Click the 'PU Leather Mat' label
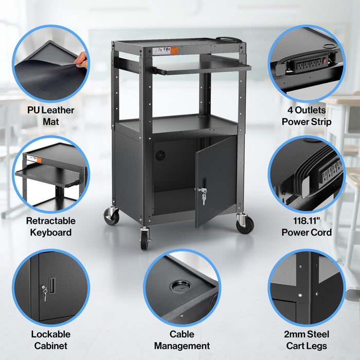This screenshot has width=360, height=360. [50, 116]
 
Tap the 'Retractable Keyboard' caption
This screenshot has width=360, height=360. [50, 227]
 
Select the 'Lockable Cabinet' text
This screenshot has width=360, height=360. [50, 340]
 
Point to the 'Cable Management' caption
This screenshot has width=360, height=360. [182, 340]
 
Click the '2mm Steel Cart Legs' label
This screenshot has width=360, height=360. [306, 340]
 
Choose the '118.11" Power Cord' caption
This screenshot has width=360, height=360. [307, 227]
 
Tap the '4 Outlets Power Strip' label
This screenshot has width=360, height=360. [307, 116]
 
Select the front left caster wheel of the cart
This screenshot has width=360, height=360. [145, 240]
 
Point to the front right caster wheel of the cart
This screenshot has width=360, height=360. [244, 224]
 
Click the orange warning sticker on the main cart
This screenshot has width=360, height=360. [174, 50]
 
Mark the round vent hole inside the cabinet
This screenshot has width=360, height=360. [160, 154]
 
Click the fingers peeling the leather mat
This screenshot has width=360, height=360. [81, 62]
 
